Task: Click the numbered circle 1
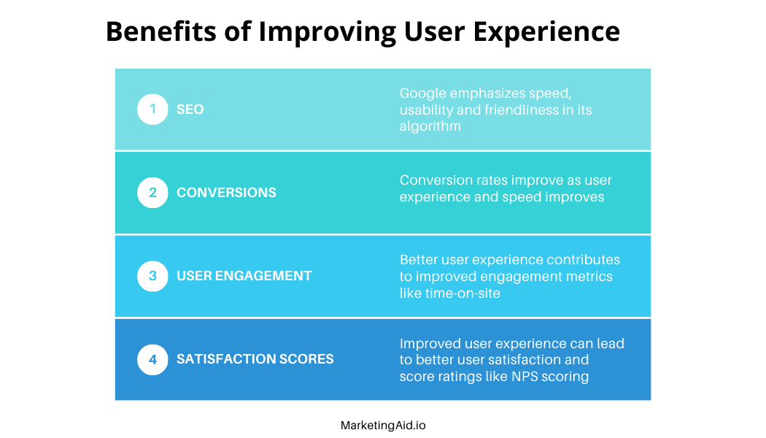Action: (x=152, y=109)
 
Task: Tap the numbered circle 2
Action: (x=152, y=193)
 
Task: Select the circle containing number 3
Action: (x=152, y=276)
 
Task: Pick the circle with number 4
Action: (x=152, y=359)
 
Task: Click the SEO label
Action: (x=190, y=109)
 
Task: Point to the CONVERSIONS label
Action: (x=226, y=193)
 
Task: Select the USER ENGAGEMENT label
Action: (x=244, y=276)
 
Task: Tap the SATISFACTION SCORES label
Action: (x=255, y=359)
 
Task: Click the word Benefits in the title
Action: (x=161, y=31)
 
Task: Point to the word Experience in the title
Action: (x=546, y=32)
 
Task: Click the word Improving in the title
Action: (x=328, y=32)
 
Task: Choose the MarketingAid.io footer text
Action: (x=383, y=426)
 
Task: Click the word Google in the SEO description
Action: (x=423, y=93)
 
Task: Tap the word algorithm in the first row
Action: (x=430, y=126)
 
